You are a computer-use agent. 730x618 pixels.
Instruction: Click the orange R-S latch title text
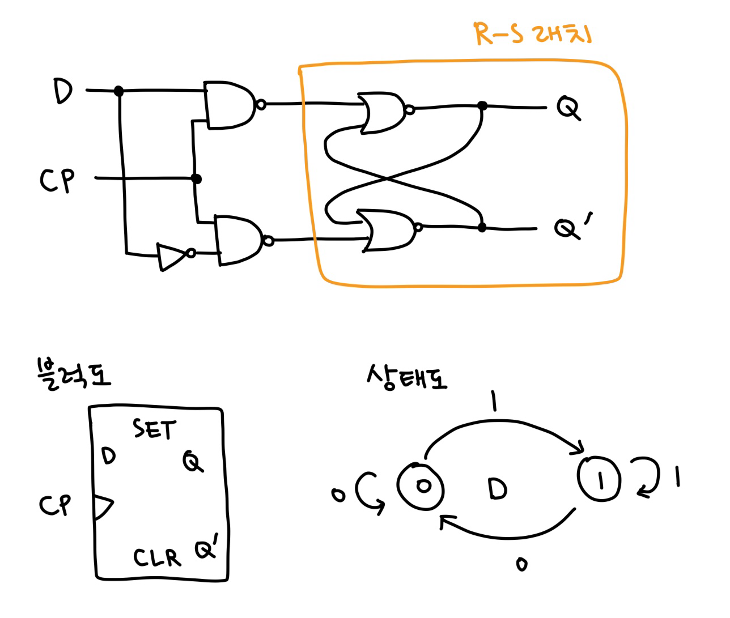(532, 34)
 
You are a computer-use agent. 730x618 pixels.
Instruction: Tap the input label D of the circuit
(63, 92)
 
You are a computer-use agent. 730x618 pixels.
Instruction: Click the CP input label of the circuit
(57, 180)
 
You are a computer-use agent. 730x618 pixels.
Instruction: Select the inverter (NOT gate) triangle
(172, 256)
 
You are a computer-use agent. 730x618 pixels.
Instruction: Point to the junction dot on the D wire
(118, 91)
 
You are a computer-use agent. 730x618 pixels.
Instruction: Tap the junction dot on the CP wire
(196, 179)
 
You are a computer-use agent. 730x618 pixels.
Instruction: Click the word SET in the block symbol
(155, 429)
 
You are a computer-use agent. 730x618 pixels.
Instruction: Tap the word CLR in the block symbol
(157, 557)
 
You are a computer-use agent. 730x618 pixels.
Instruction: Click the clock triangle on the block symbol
(103, 508)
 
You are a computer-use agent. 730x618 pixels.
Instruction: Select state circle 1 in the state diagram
(600, 479)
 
